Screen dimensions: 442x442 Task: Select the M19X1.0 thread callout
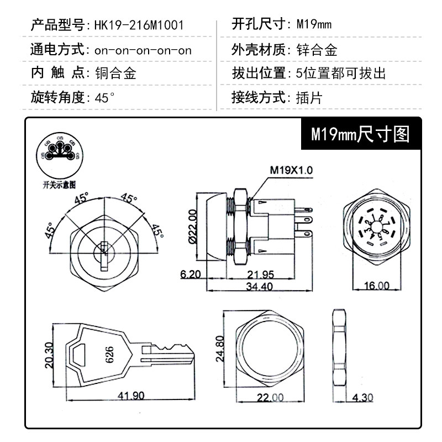pos(291,171)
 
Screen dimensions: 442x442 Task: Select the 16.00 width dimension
pos(376,286)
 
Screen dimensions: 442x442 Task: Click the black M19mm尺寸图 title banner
pos(360,134)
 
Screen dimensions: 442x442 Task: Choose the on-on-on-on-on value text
pos(143,50)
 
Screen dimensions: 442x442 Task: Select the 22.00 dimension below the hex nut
pos(270,398)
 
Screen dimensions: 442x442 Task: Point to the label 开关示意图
pos(58,183)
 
